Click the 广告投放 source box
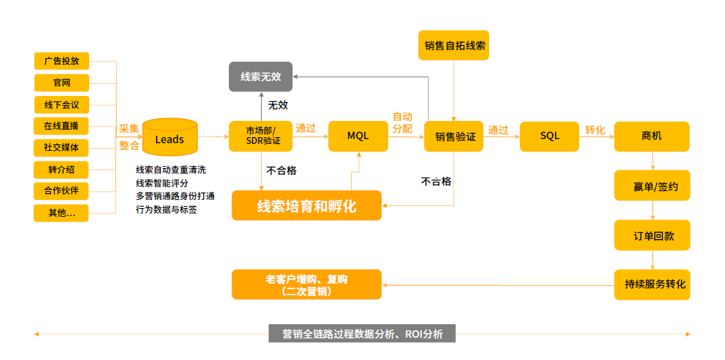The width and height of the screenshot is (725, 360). (61, 61)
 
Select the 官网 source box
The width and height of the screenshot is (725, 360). (61, 83)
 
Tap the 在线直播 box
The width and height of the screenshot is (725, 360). (61, 126)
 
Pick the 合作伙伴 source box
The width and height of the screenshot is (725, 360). (61, 190)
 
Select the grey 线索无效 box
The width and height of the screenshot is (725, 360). (261, 76)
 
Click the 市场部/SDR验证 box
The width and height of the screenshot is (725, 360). (261, 136)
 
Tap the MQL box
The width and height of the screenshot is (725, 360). (358, 136)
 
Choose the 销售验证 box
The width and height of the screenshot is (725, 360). (455, 136)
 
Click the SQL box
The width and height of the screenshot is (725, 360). (549, 136)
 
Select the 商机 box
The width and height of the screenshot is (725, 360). (651, 136)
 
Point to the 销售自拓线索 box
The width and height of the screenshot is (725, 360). (454, 46)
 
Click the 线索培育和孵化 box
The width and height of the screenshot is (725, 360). (306, 205)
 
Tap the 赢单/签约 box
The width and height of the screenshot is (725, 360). (652, 186)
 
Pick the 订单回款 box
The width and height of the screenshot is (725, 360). (652, 236)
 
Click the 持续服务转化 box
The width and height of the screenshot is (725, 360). (652, 284)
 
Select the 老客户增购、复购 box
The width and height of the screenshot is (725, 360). (306, 284)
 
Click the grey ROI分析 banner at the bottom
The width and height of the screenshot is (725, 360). (362, 334)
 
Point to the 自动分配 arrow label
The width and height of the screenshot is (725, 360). (402, 122)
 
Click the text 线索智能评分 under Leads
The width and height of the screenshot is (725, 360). (162, 183)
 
